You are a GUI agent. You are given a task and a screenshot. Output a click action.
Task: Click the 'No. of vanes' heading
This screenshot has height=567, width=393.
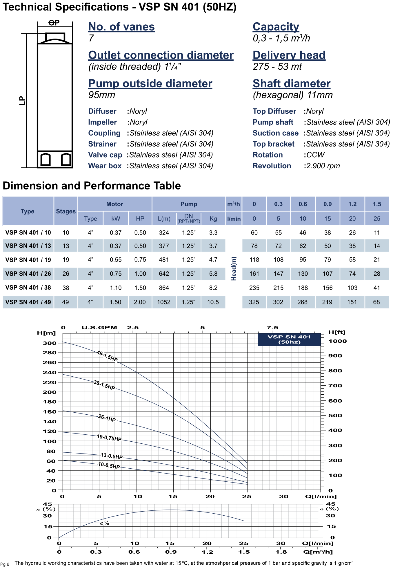click(x=121, y=27)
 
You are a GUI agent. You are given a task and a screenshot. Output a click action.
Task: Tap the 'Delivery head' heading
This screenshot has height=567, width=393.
click(x=289, y=55)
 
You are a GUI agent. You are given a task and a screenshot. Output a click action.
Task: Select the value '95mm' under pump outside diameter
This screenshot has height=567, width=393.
click(x=102, y=95)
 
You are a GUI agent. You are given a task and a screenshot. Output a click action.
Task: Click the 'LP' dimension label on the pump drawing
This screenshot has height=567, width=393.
click(x=22, y=101)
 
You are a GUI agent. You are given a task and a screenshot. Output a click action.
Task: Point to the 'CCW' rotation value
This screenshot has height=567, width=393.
click(x=315, y=155)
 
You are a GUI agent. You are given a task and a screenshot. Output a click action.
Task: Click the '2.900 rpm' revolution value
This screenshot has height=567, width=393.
click(x=323, y=166)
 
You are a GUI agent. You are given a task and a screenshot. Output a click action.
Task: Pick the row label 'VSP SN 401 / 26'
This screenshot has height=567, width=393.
click(x=28, y=274)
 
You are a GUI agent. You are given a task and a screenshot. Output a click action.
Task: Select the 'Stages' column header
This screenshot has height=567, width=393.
click(x=66, y=211)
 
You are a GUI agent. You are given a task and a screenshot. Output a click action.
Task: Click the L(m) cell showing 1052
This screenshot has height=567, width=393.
click(x=164, y=302)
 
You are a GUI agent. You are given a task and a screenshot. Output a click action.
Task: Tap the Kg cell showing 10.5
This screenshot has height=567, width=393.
click(x=213, y=302)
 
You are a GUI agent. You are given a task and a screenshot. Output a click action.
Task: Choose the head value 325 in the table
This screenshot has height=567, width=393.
click(x=254, y=302)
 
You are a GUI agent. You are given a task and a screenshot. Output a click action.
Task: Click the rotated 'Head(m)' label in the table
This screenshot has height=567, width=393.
click(x=234, y=268)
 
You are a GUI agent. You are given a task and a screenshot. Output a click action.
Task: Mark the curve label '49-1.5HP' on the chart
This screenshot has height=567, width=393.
click(x=107, y=356)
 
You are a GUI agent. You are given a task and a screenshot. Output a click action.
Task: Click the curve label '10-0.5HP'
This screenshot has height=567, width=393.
click(x=109, y=465)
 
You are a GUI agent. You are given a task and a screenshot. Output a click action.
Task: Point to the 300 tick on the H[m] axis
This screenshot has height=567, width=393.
click(x=50, y=343)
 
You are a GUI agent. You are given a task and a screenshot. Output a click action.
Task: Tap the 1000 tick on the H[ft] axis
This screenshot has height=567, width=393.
click(x=337, y=341)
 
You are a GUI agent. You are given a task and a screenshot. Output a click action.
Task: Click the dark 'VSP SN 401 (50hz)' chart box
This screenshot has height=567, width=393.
click(x=289, y=339)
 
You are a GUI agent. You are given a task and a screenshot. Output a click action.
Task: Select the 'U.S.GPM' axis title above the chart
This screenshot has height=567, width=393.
click(x=99, y=328)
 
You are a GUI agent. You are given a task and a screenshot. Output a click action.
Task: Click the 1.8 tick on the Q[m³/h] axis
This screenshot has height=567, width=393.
click(x=281, y=552)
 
